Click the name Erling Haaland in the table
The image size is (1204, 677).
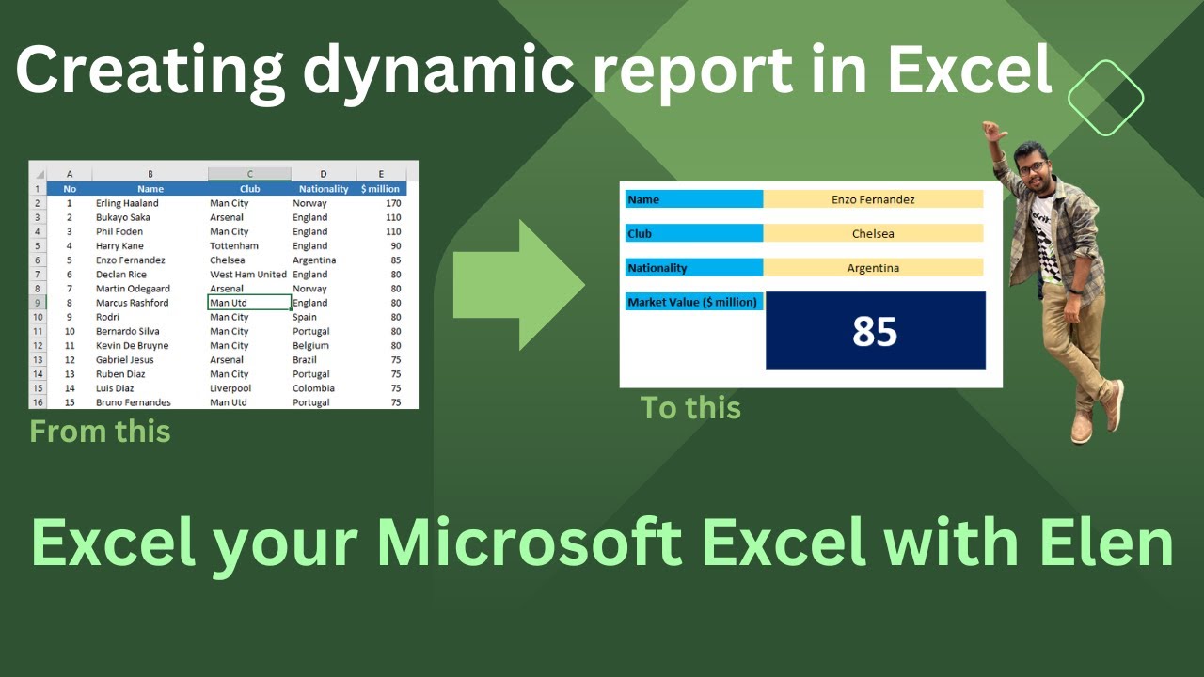click(127, 203)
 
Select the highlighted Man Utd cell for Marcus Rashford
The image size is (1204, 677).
click(249, 303)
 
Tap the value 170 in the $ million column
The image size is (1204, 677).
click(392, 203)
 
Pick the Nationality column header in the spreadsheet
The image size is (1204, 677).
click(324, 189)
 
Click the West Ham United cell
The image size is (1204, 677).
click(248, 275)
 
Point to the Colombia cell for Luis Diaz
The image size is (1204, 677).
click(313, 388)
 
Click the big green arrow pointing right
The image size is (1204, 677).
click(517, 284)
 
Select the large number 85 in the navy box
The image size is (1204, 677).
click(875, 331)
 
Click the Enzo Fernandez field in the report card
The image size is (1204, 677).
click(873, 199)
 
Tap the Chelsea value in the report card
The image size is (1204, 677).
click(873, 233)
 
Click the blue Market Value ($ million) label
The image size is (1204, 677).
click(693, 302)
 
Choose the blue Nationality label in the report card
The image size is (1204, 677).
click(693, 268)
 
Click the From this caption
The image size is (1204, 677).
click(100, 432)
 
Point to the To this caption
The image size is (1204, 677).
click(690, 408)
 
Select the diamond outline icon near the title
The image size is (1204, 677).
click(1106, 98)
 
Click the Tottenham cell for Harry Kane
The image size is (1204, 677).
click(233, 246)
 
